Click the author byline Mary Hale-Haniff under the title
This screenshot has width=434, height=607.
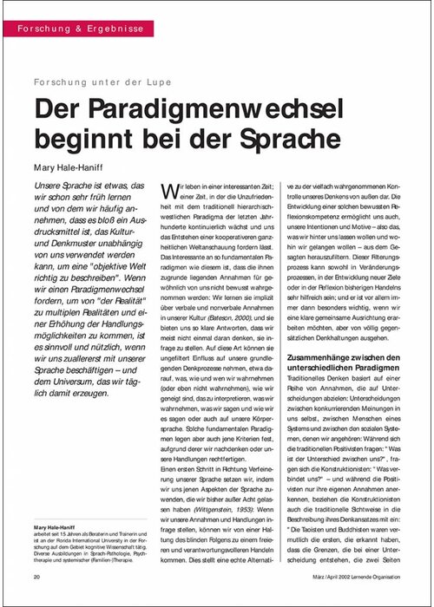75,166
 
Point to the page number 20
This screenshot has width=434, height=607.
38,577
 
